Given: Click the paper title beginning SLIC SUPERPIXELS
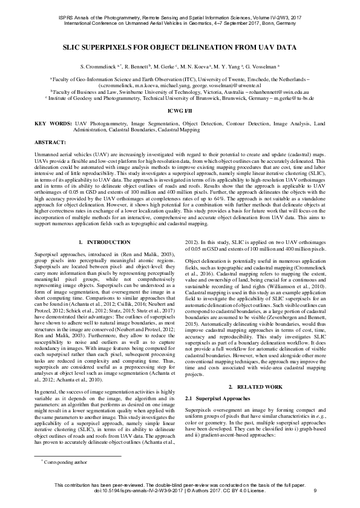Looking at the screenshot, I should pyautogui.click(x=180, y=45).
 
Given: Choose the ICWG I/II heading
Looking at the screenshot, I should pyautogui.click(x=180, y=111).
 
